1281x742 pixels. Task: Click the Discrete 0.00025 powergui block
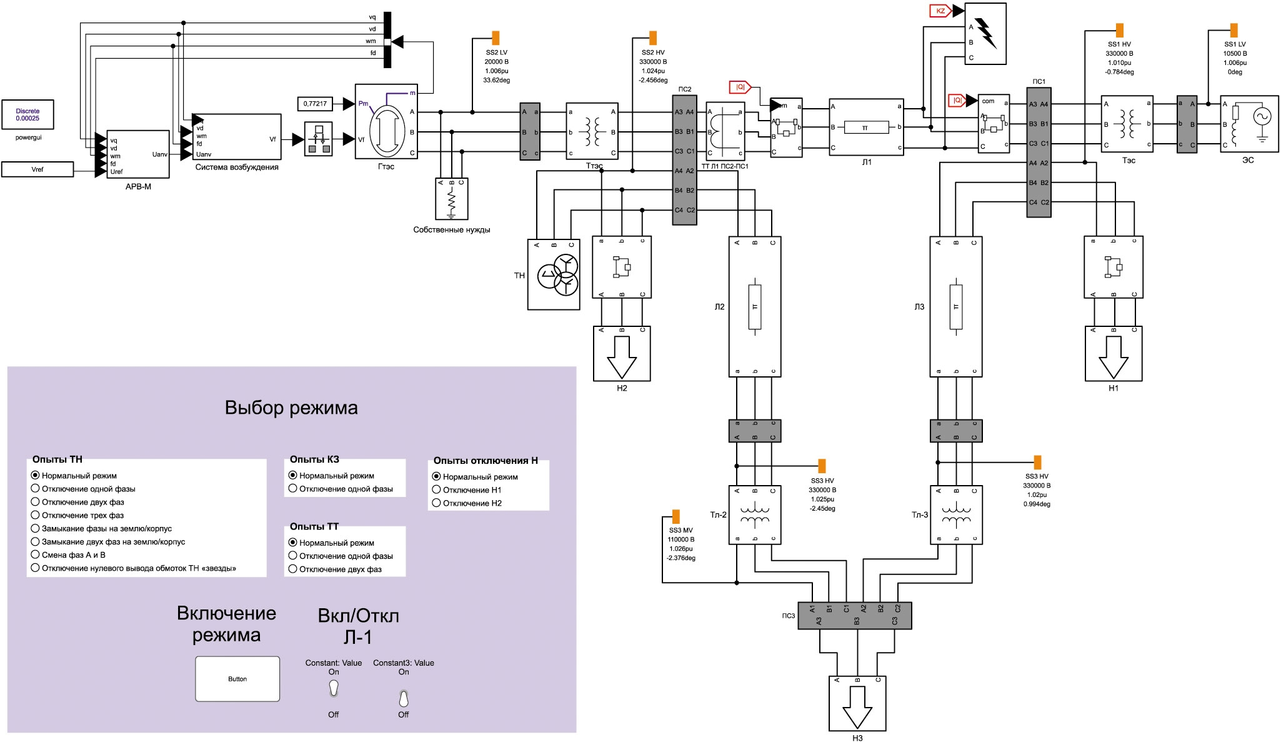(x=27, y=115)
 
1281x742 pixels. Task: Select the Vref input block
(x=37, y=169)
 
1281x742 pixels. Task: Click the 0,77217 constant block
(x=315, y=103)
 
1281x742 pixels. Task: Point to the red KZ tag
(x=940, y=11)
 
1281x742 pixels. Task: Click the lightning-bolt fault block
(x=985, y=34)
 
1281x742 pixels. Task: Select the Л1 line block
(x=866, y=127)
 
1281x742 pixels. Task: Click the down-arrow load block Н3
(x=857, y=703)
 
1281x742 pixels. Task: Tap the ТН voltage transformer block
(x=554, y=274)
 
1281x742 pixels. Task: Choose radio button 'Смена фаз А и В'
(x=36, y=554)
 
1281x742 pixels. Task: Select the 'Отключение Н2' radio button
(x=437, y=503)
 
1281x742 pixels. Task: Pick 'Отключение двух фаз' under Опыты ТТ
(x=292, y=569)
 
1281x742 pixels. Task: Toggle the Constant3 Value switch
(x=404, y=698)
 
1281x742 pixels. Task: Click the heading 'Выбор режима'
(x=291, y=408)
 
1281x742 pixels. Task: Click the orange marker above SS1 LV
(x=1234, y=30)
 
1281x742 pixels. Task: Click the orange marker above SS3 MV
(x=675, y=517)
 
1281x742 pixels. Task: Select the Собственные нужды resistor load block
(x=451, y=199)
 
